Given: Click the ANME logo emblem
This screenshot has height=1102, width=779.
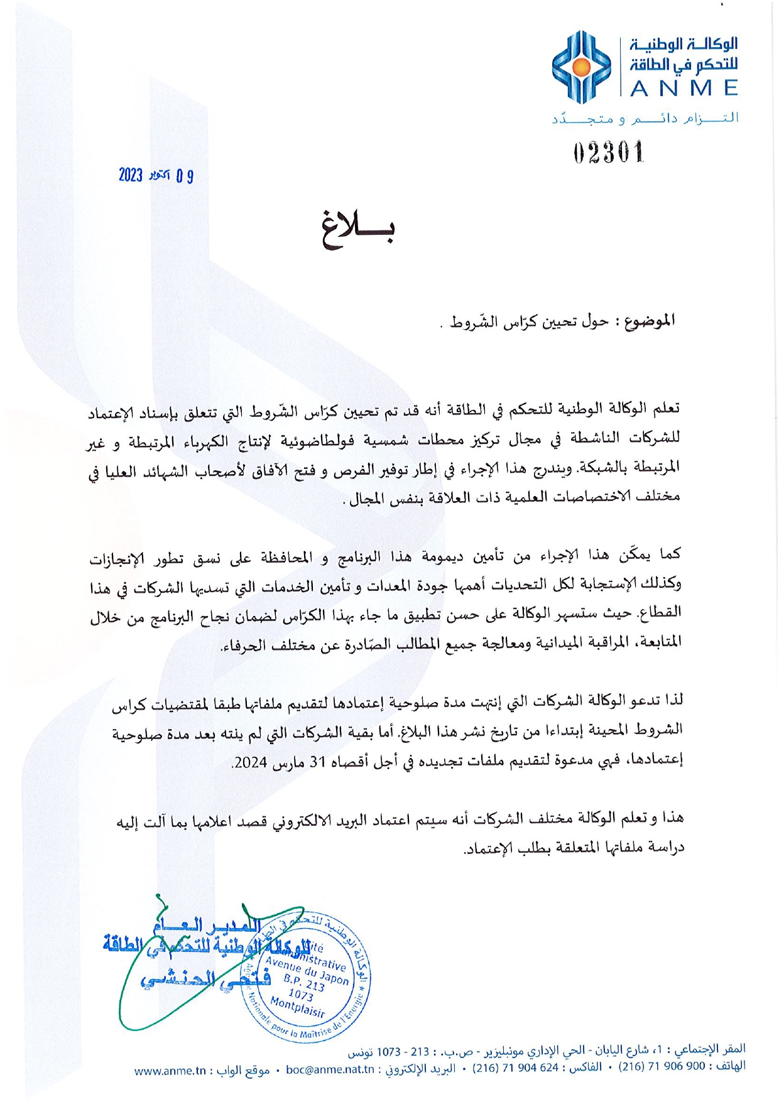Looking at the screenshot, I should click(581, 67).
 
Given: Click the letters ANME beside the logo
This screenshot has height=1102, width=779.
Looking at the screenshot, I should click(684, 89).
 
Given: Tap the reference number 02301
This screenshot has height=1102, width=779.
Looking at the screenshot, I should click(609, 153).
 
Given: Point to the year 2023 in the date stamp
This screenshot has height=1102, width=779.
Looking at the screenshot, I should click(131, 175).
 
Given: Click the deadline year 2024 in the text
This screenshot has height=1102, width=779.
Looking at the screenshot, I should click(249, 762).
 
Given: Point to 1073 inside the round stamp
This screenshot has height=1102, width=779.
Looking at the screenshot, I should click(301, 995).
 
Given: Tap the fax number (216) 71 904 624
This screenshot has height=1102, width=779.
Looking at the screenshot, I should click(515, 1067).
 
